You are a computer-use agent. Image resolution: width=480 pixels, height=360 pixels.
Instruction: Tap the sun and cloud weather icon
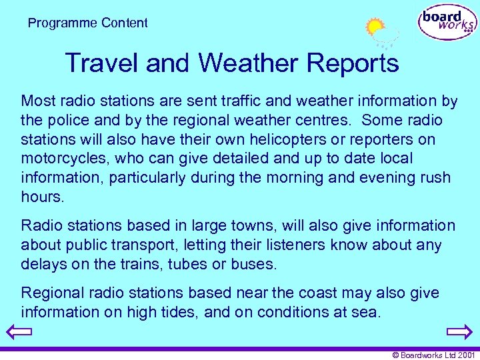tap(381, 33)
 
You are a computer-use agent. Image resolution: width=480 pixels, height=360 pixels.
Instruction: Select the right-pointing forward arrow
tap(459, 331)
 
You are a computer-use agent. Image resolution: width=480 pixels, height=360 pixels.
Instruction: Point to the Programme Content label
tap(87, 23)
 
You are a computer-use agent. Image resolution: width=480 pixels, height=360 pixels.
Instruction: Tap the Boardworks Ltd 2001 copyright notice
tap(433, 355)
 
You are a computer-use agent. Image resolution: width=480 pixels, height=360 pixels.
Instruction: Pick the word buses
tap(253, 265)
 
